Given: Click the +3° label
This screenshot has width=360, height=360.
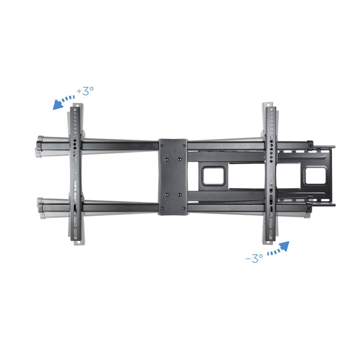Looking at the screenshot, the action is tap(85, 91).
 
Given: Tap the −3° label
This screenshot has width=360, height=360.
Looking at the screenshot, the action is tap(255, 258).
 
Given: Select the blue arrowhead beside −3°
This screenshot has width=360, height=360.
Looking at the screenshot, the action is tap(284, 246).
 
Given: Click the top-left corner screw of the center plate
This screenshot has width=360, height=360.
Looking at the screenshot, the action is tap(163, 146).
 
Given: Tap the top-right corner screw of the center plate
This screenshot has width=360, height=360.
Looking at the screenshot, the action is tap(184, 146).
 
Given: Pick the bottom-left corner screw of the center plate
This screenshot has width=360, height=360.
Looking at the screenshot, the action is tap(163, 208).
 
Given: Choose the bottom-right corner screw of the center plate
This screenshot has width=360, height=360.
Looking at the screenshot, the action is tap(184, 208).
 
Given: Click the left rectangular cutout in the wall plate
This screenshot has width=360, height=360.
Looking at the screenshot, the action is tap(213, 176).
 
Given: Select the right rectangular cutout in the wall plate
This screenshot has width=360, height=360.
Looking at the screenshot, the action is tap(316, 176).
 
